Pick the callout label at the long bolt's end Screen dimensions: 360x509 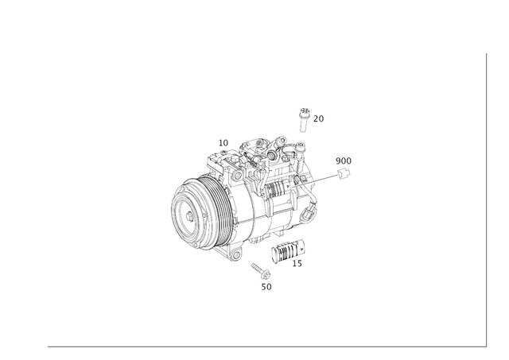[x=345, y=165]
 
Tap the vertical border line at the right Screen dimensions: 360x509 [x=484, y=199]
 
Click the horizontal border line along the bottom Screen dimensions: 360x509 [x=262, y=346]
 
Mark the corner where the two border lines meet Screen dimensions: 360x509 [x=484, y=346]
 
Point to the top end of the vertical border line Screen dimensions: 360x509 [x=484, y=52]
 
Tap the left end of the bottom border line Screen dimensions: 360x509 [x=46, y=346]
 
